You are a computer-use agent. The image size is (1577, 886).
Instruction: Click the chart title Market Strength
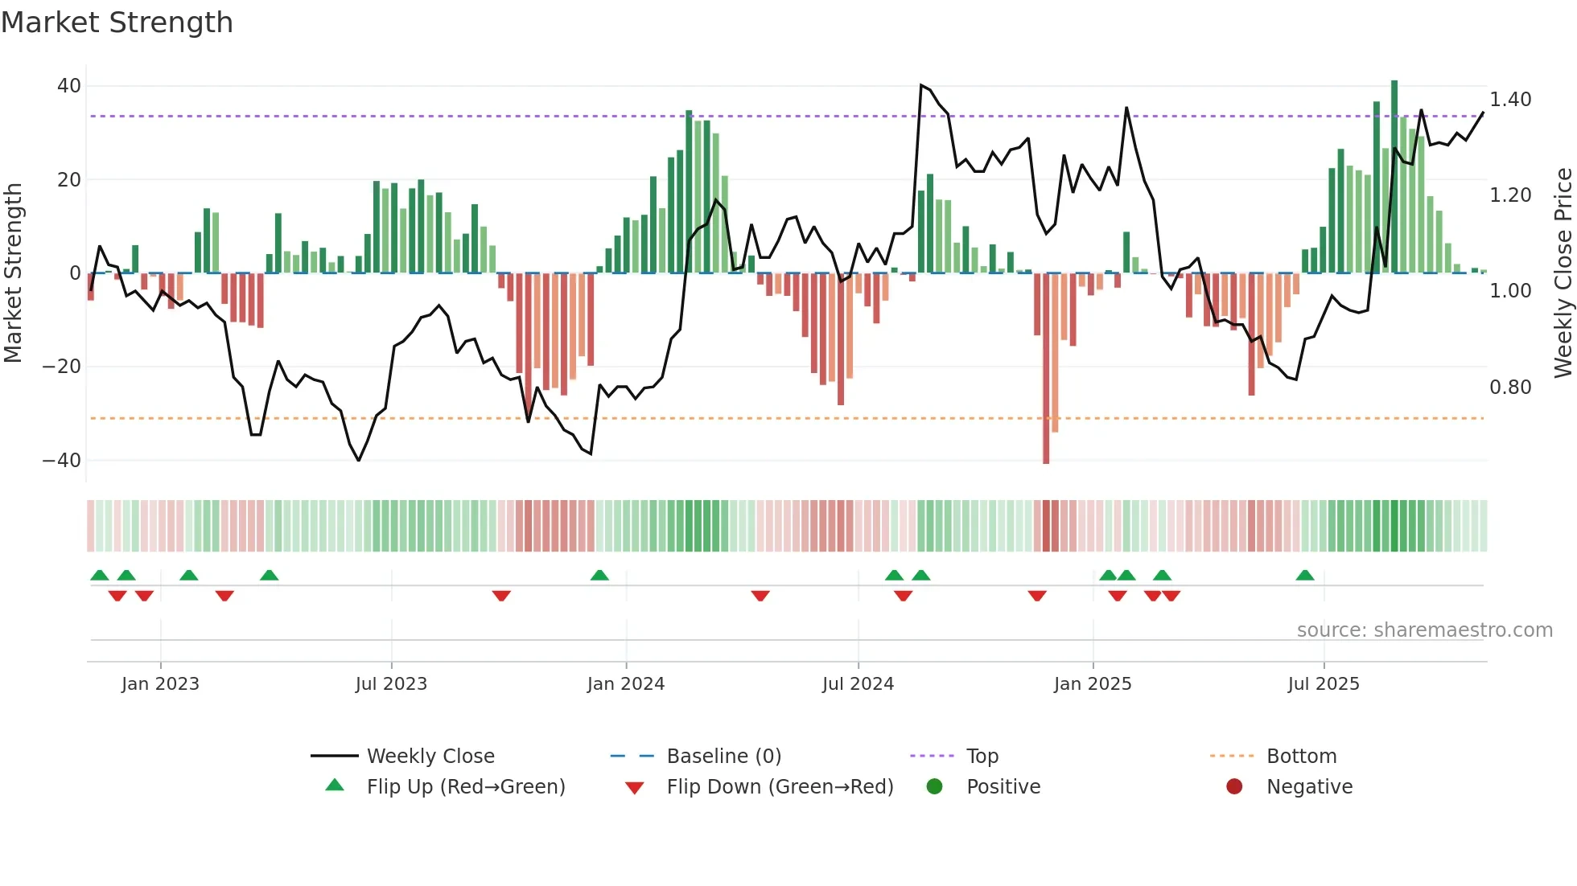[117, 23]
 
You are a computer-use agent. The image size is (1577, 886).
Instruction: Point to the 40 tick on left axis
[69, 86]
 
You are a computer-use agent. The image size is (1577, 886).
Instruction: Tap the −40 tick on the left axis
[62, 461]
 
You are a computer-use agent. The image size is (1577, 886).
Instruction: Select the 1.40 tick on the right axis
[1510, 100]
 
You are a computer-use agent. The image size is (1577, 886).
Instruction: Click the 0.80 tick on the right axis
[1510, 388]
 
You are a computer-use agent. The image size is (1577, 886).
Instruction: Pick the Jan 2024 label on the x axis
[625, 684]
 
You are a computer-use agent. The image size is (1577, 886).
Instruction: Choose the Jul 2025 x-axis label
[1323, 684]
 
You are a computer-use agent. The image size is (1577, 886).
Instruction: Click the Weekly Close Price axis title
[1563, 273]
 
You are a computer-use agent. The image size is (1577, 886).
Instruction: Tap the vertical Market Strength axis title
[13, 273]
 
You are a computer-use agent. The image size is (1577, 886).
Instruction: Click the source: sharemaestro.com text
[1424, 630]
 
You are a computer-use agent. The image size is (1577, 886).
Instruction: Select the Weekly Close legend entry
[430, 757]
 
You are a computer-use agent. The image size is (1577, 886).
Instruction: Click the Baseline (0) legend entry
[723, 757]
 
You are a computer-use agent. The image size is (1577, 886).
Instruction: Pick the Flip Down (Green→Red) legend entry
[780, 787]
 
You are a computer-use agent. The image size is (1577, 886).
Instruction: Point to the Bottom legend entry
[1301, 757]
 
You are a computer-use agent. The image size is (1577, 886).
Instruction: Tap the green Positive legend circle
[934, 787]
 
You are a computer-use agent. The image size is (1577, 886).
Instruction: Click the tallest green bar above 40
[1394, 177]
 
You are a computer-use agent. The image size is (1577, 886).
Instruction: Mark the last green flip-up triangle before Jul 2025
[1305, 576]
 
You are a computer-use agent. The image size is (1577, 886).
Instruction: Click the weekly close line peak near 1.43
[921, 84]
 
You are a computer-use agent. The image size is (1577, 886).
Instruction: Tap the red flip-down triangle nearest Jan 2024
[760, 596]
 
